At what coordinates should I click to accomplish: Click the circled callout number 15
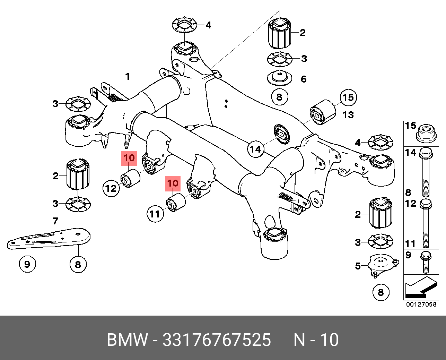pyautogui.click(x=348, y=97)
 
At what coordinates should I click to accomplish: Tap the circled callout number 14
pyautogui.click(x=255, y=149)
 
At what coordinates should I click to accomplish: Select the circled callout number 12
pyautogui.click(x=111, y=188)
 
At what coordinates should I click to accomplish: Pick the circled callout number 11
pyautogui.click(x=155, y=214)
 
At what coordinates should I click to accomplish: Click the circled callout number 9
pyautogui.click(x=27, y=264)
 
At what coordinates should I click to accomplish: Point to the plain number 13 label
pyautogui.click(x=348, y=115)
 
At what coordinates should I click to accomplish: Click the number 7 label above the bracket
pyautogui.click(x=55, y=221)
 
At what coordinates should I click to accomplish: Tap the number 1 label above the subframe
pyautogui.click(x=128, y=76)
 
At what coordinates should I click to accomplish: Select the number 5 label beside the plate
pyautogui.click(x=358, y=266)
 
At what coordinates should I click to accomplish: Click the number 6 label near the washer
pyautogui.click(x=304, y=79)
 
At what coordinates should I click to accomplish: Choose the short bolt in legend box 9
pyautogui.click(x=426, y=263)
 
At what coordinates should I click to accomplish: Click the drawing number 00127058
pyautogui.click(x=421, y=305)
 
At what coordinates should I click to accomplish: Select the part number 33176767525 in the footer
pyautogui.click(x=217, y=340)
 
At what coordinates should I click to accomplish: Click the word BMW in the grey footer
pyautogui.click(x=127, y=340)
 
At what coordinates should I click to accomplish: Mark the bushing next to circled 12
pyautogui.click(x=130, y=178)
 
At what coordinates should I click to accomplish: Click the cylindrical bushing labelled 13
pyautogui.click(x=324, y=111)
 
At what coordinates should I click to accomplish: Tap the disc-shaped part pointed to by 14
pyautogui.click(x=281, y=134)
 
